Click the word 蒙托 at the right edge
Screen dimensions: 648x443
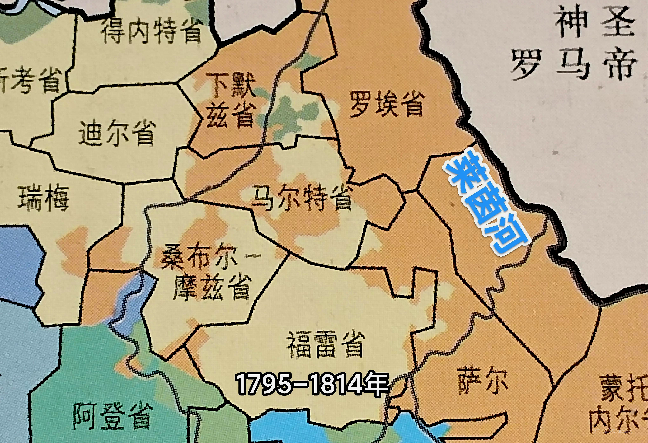[x=625, y=388]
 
